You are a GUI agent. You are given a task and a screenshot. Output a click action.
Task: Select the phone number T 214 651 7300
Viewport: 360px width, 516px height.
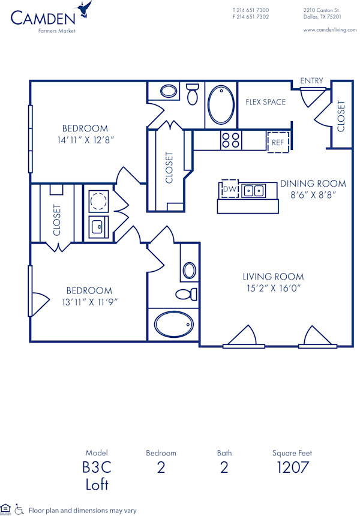point(250,10)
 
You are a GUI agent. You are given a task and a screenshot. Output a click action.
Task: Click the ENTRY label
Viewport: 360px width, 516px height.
point(311,81)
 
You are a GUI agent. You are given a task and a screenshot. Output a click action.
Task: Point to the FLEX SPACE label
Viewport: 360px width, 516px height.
point(265,102)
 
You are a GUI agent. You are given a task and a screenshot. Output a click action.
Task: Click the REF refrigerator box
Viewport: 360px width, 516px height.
point(278,142)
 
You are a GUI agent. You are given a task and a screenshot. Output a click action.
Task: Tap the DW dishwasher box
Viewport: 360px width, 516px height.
point(229,189)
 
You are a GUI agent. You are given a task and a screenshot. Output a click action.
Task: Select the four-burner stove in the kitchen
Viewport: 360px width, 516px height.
point(230,140)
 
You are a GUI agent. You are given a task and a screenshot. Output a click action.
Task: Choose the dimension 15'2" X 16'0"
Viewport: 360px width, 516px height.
point(273,288)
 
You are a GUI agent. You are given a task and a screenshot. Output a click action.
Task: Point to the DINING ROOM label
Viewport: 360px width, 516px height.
point(313,184)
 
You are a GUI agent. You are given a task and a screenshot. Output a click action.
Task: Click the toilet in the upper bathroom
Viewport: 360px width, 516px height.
point(193,94)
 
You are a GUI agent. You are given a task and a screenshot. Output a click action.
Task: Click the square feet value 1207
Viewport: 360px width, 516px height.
point(292,467)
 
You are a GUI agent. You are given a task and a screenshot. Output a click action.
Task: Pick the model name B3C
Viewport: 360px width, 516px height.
point(97,467)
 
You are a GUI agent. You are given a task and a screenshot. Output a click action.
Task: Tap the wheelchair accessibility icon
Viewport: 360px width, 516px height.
point(19,509)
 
